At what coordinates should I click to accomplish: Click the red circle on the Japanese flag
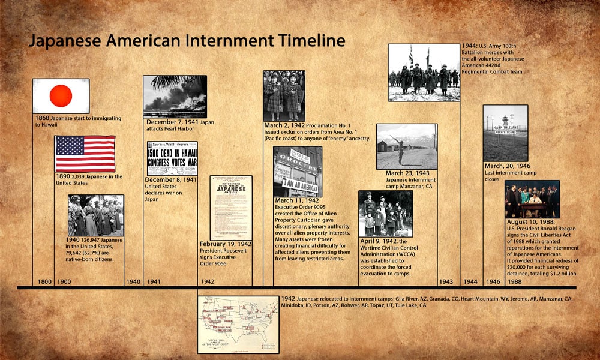click(x=60, y=95)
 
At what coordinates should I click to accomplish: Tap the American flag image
click(x=85, y=154)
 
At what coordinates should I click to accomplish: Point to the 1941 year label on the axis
click(x=154, y=281)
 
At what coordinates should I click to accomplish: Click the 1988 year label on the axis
click(x=515, y=281)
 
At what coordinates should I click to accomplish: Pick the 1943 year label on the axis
click(x=446, y=281)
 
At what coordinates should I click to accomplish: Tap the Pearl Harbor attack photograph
click(x=175, y=96)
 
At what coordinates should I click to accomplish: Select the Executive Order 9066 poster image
click(x=230, y=207)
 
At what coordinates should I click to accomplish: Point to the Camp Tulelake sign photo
click(x=505, y=133)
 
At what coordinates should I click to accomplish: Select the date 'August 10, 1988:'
click(x=530, y=222)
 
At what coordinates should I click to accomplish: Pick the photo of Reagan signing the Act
click(x=532, y=199)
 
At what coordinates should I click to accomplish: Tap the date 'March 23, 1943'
click(x=407, y=173)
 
